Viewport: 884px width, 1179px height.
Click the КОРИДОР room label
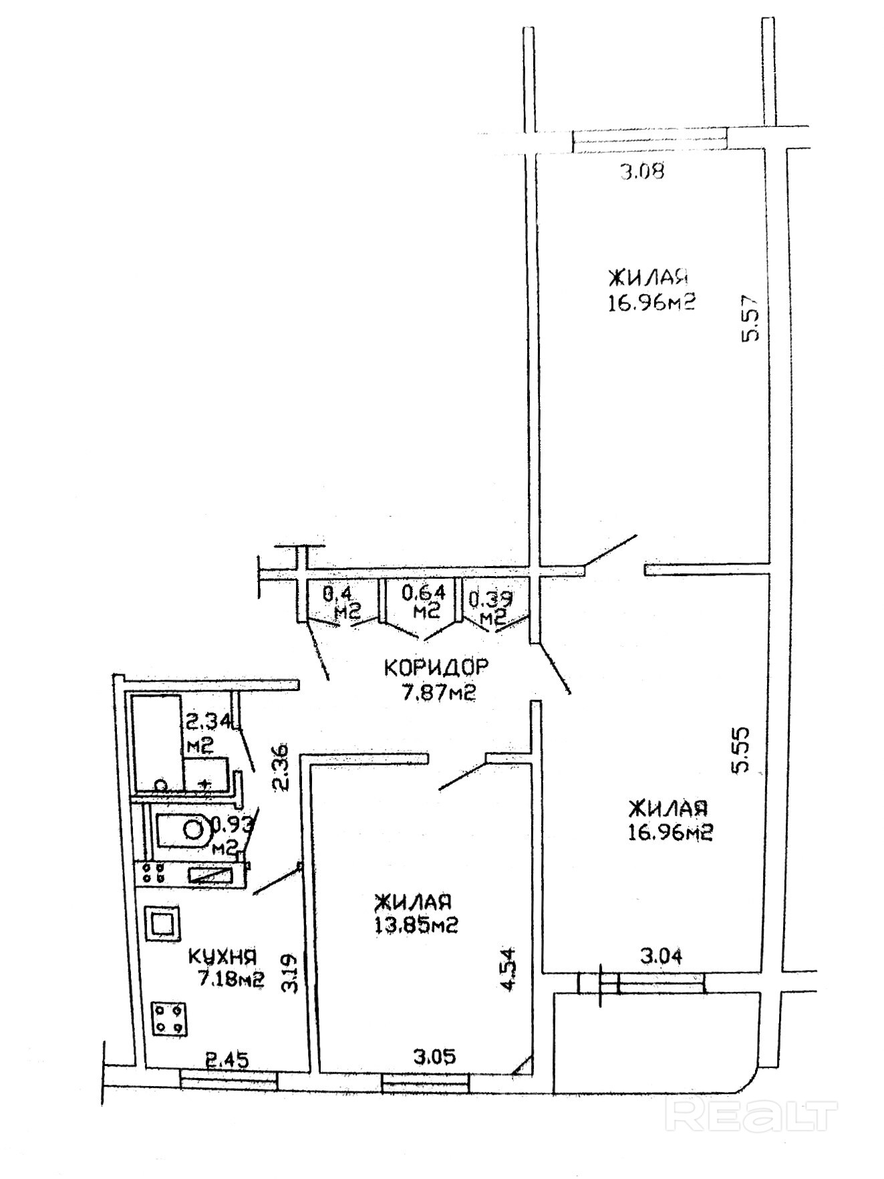pyautogui.click(x=436, y=666)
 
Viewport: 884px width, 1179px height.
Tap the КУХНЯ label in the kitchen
pyautogui.click(x=223, y=957)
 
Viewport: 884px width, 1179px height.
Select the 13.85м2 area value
pyautogui.click(x=416, y=925)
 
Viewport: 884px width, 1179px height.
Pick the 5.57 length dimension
pyautogui.click(x=751, y=318)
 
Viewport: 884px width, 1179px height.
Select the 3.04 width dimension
pyautogui.click(x=661, y=956)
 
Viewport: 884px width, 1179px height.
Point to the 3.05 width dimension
pyautogui.click(x=435, y=1057)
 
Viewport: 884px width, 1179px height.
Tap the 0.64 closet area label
pyautogui.click(x=424, y=601)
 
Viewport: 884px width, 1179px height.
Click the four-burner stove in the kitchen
pyautogui.click(x=170, y=1019)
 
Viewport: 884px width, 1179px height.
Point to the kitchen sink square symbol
pyautogui.click(x=162, y=923)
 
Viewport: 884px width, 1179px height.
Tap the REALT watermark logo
pyautogui.click(x=752, y=1113)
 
